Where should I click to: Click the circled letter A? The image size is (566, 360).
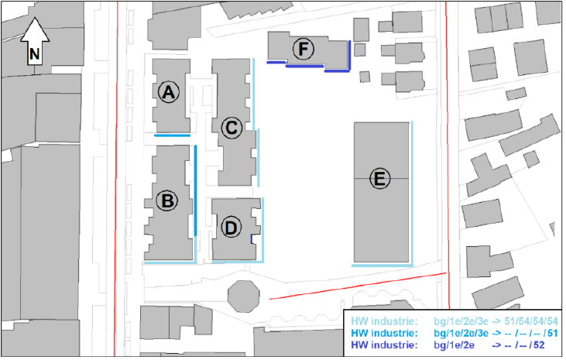(169, 92)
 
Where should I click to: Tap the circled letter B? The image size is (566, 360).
(167, 201)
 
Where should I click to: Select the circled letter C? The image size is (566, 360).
(232, 128)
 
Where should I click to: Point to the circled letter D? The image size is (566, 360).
(231, 228)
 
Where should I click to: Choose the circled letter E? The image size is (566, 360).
(379, 179)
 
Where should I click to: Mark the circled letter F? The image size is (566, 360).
(304, 49)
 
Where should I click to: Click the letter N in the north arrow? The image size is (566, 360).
(35, 54)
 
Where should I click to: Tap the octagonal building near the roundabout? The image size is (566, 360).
(244, 297)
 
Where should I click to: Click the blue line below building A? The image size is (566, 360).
(172, 135)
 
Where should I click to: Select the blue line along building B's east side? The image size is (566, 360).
(196, 190)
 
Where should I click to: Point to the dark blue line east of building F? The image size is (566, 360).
(349, 56)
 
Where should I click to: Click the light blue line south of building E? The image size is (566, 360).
(382, 266)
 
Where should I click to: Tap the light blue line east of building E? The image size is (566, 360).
(412, 193)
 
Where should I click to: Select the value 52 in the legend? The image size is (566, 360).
(539, 345)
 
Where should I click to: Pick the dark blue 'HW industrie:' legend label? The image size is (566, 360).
(384, 345)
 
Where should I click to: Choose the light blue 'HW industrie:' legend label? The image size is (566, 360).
(384, 321)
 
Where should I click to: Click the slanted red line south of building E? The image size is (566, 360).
(358, 286)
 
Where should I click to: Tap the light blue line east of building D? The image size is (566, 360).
(262, 229)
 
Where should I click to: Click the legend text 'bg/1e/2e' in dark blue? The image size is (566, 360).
(454, 345)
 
